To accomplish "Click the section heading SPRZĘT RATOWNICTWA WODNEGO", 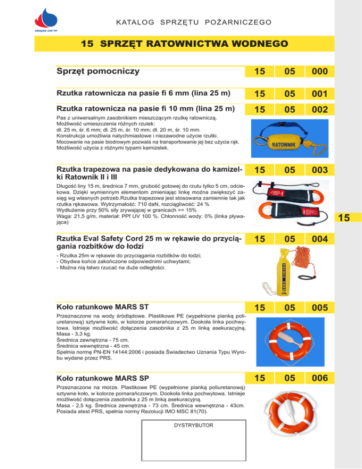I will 184,44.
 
